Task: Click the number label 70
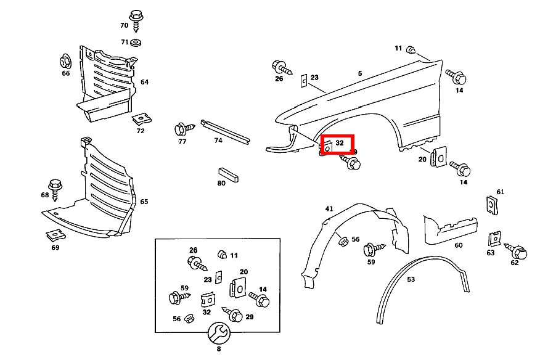point(124,25)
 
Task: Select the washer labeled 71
point(136,43)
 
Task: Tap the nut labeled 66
point(66,62)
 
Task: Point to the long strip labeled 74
point(227,131)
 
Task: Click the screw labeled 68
point(54,186)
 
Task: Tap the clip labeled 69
point(55,235)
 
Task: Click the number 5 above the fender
point(360,73)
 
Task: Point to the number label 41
point(329,209)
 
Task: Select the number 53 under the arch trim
point(411,279)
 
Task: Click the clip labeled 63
point(494,239)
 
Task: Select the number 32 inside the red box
point(339,143)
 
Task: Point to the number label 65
point(144,202)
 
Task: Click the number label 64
point(144,82)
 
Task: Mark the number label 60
point(458,245)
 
